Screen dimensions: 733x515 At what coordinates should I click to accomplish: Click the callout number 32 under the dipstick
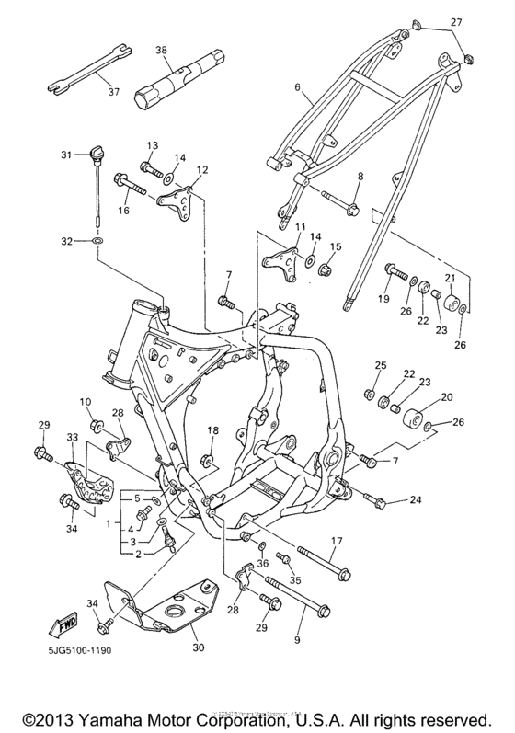(x=65, y=241)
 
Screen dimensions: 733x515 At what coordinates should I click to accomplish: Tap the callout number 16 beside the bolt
(x=124, y=211)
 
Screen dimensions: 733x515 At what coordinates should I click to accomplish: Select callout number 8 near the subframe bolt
(x=360, y=175)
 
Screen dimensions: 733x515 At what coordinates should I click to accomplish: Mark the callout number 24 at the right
(x=415, y=501)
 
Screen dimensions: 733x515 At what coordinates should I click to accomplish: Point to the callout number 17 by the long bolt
(x=362, y=542)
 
